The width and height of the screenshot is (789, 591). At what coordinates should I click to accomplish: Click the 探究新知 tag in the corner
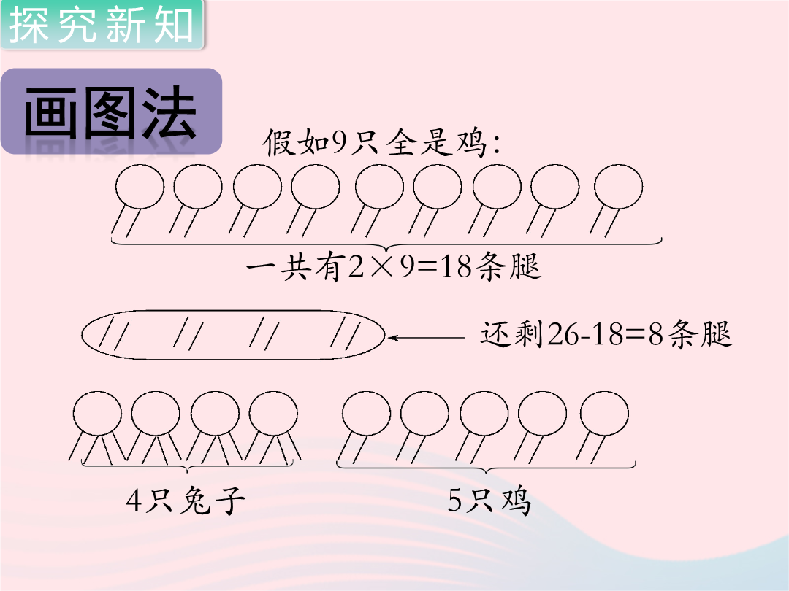coord(102,24)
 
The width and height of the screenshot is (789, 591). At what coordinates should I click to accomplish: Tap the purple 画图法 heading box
coord(111,111)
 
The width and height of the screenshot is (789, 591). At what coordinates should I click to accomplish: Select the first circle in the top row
coord(140,186)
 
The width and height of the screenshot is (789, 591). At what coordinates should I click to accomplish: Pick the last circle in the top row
coord(618,186)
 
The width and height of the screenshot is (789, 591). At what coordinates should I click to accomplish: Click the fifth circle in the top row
coord(379,186)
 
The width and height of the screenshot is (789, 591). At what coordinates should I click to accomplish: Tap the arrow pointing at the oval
coord(426,338)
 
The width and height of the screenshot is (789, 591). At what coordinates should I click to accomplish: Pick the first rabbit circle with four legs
coord(97,414)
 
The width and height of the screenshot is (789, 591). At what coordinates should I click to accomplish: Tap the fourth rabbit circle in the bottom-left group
coord(273,414)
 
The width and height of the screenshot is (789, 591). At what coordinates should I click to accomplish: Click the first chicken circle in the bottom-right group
coord(366,414)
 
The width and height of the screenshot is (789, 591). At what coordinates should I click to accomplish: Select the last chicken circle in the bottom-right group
coord(604,414)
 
